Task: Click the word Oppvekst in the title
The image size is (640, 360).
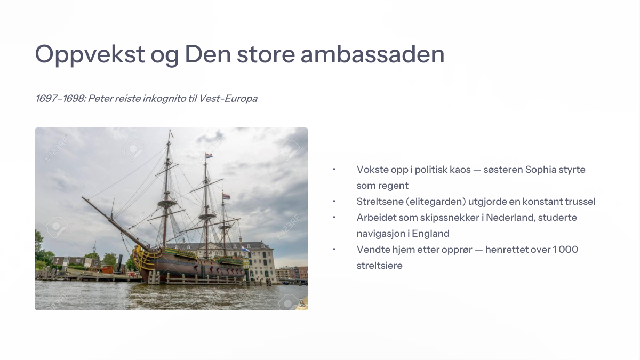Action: pyautogui.click(x=90, y=55)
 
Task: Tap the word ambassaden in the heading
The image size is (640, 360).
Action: pyautogui.click(x=372, y=54)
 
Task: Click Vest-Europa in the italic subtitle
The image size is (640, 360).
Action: pyautogui.click(x=228, y=99)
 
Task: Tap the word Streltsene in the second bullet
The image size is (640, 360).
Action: pyautogui.click(x=379, y=202)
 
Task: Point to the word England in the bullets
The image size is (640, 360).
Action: pyautogui.click(x=430, y=234)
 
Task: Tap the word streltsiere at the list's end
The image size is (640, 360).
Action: pyautogui.click(x=379, y=266)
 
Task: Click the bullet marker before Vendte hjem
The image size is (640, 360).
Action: pyautogui.click(x=334, y=250)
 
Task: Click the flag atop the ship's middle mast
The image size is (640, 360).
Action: pyautogui.click(x=209, y=156)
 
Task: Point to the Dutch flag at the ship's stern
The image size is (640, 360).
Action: pyautogui.click(x=245, y=248)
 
